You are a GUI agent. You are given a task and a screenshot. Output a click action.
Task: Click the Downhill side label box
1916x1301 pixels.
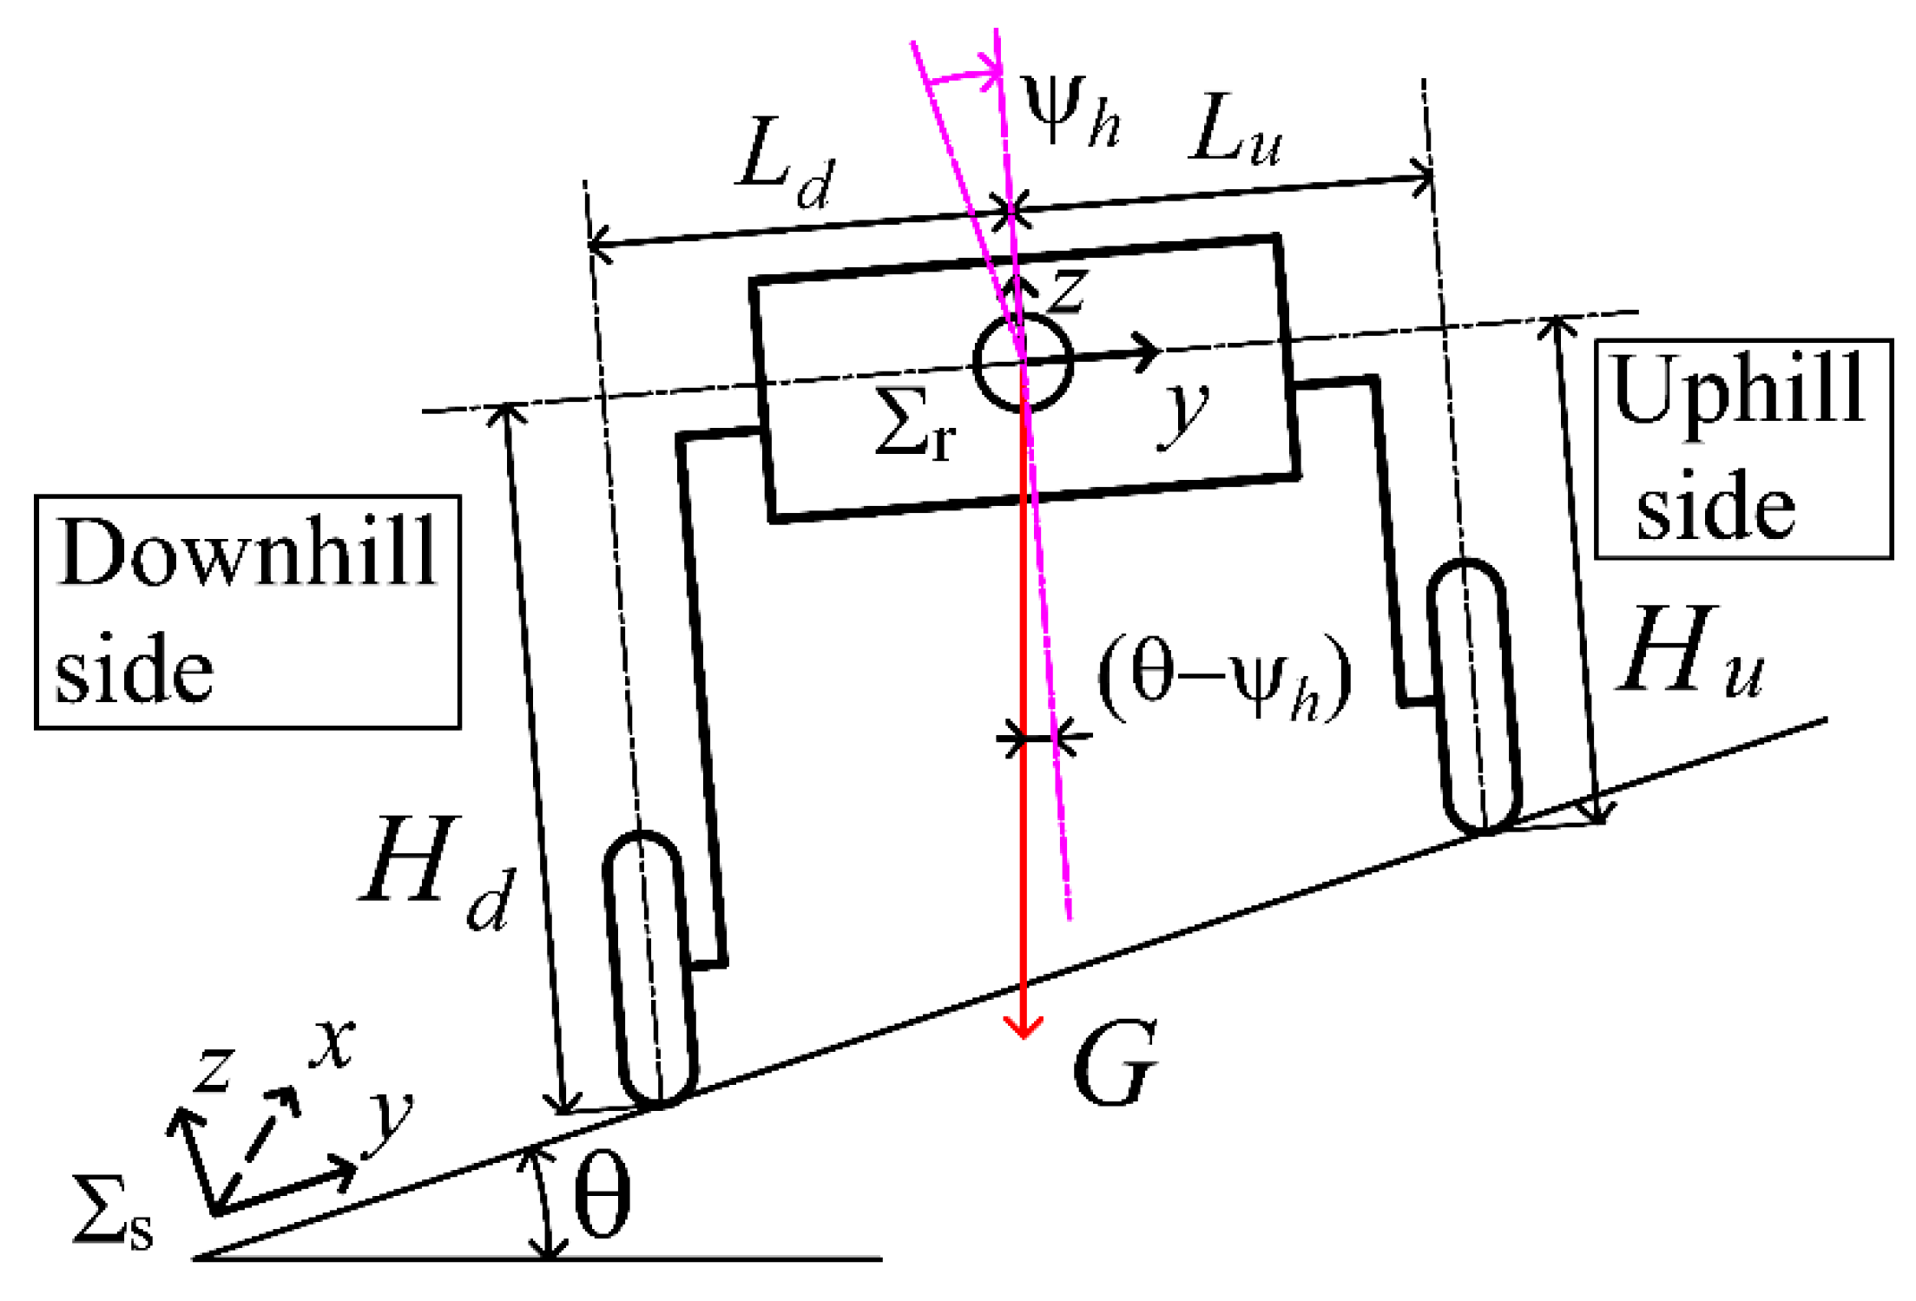(247, 612)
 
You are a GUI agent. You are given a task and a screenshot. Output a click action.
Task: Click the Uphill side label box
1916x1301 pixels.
(1743, 449)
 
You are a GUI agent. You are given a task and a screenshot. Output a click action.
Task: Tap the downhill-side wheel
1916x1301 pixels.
(650, 968)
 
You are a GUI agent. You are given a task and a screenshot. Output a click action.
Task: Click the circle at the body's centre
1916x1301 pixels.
(1023, 362)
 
